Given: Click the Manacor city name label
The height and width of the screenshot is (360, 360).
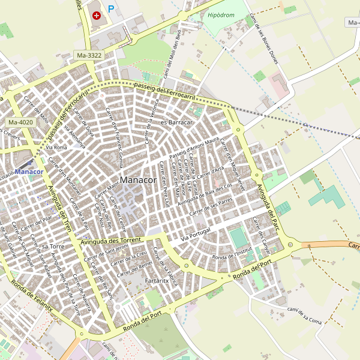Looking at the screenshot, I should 138,180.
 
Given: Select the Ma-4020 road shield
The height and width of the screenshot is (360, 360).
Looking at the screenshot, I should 20,122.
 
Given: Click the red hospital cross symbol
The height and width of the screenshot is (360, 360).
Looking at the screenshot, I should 97,15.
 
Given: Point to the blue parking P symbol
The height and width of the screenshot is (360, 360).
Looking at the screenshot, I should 110,9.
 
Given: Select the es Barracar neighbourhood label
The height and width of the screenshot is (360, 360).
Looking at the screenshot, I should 176,122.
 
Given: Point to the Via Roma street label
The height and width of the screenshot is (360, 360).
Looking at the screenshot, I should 56,147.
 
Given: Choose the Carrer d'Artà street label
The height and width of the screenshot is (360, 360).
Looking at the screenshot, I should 210,172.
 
